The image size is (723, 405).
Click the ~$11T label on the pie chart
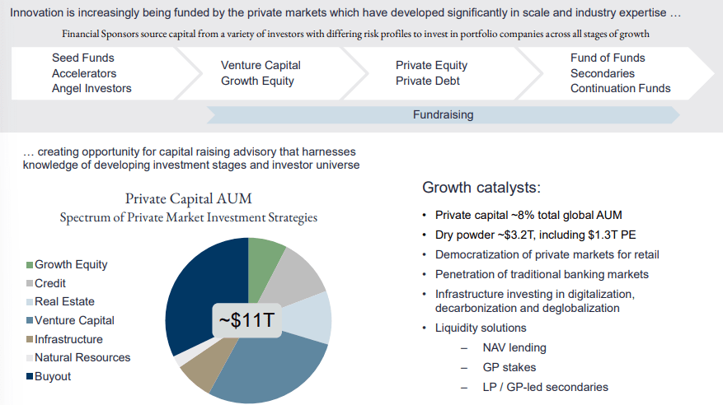247,320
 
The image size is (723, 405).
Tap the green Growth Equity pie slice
264,255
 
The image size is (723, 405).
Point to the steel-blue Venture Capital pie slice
264,366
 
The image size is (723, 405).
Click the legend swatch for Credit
30,284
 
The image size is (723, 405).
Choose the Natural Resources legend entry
82,357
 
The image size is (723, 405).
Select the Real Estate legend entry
64,302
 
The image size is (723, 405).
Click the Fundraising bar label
443,115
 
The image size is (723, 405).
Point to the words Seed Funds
83,58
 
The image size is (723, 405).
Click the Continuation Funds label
621,88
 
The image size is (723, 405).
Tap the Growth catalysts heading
481,188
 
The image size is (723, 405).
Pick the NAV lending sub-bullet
514,347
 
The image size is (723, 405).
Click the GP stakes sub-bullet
510,367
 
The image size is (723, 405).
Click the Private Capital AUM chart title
189,198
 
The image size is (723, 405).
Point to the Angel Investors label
92,88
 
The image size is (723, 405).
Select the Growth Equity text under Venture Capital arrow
257,81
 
